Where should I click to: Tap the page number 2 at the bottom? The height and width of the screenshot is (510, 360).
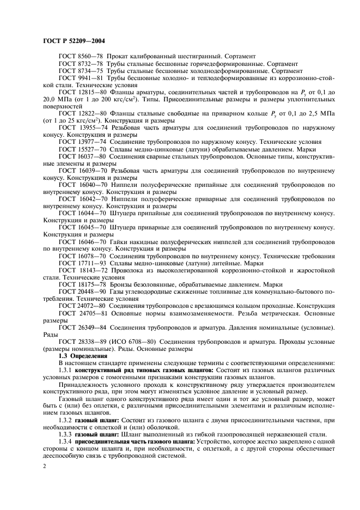point(45,467)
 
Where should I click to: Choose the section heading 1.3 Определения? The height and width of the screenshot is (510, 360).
point(82,355)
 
